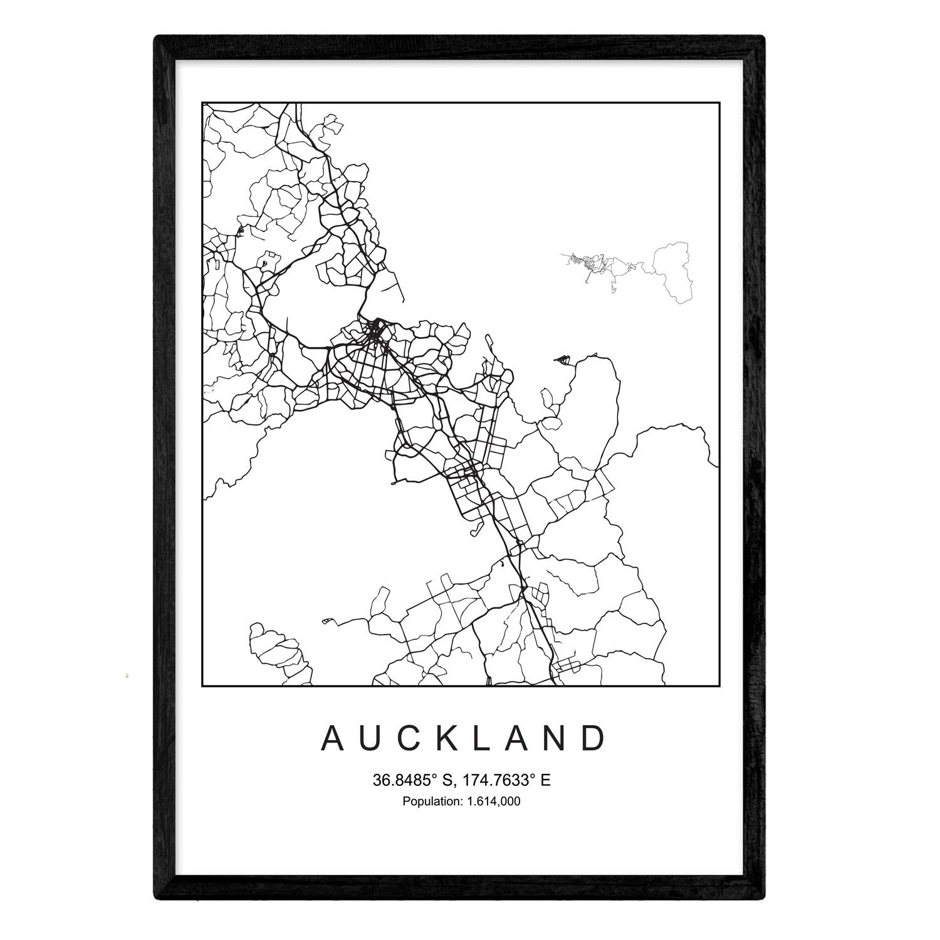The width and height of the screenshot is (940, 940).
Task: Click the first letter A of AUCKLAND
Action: point(332,739)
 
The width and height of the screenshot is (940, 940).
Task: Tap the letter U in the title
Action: point(370,739)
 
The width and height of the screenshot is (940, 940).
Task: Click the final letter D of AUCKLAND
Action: point(595,739)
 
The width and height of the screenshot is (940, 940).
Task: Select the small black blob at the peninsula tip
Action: point(562,359)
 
